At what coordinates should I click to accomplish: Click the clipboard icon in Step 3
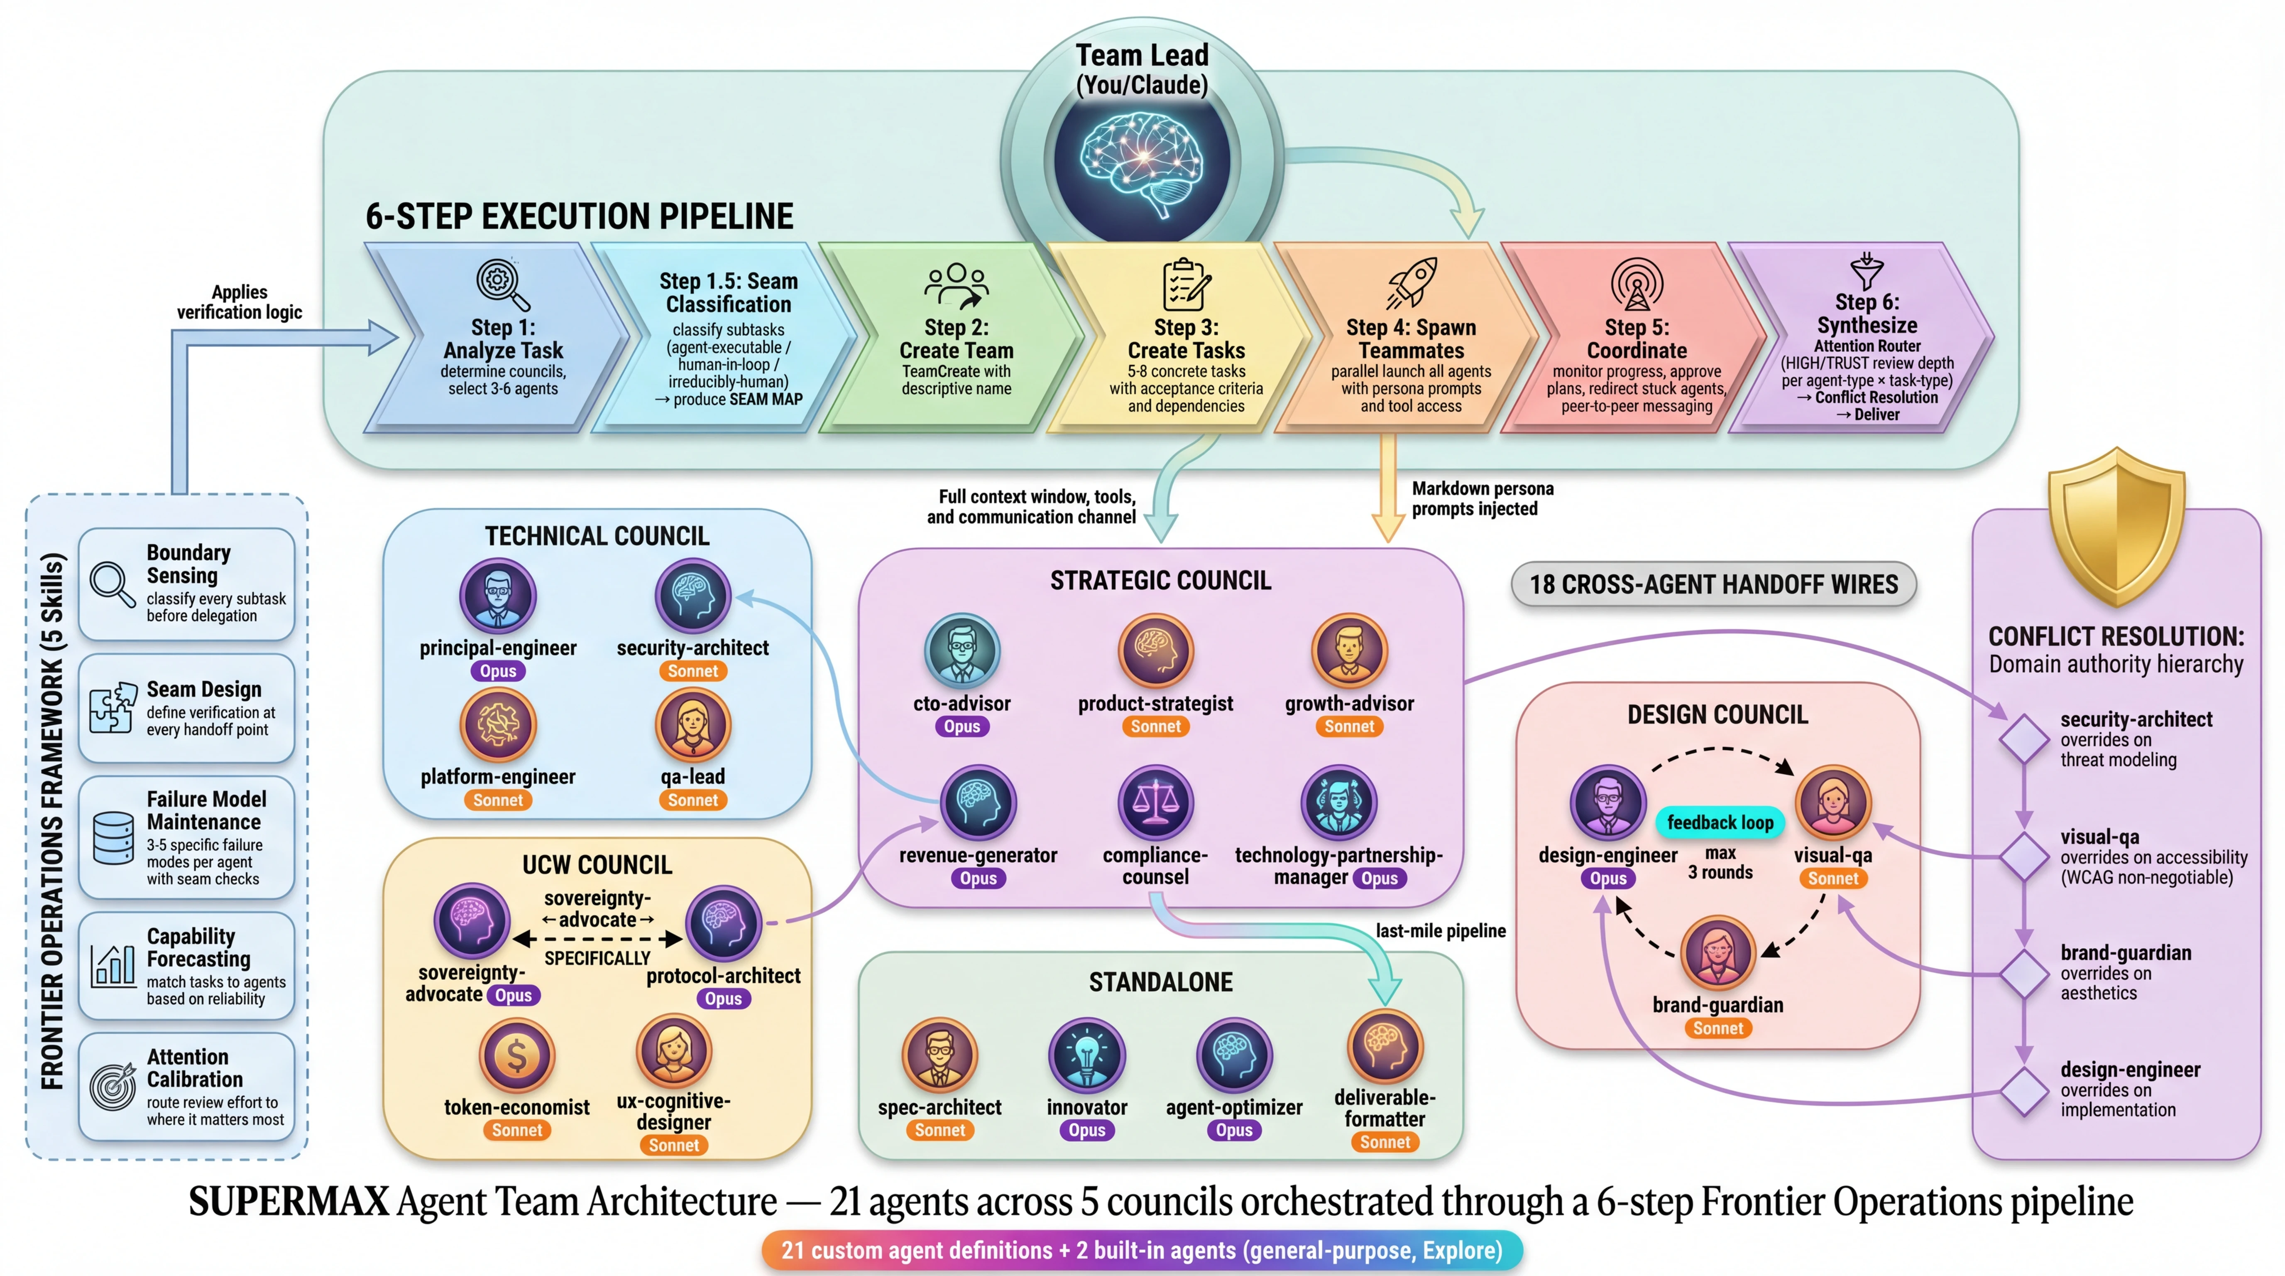tap(1186, 284)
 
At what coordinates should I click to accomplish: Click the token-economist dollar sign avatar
tap(517, 1056)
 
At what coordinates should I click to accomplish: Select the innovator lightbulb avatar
tap(1086, 1056)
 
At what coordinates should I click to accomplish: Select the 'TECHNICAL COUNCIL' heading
tap(597, 536)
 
